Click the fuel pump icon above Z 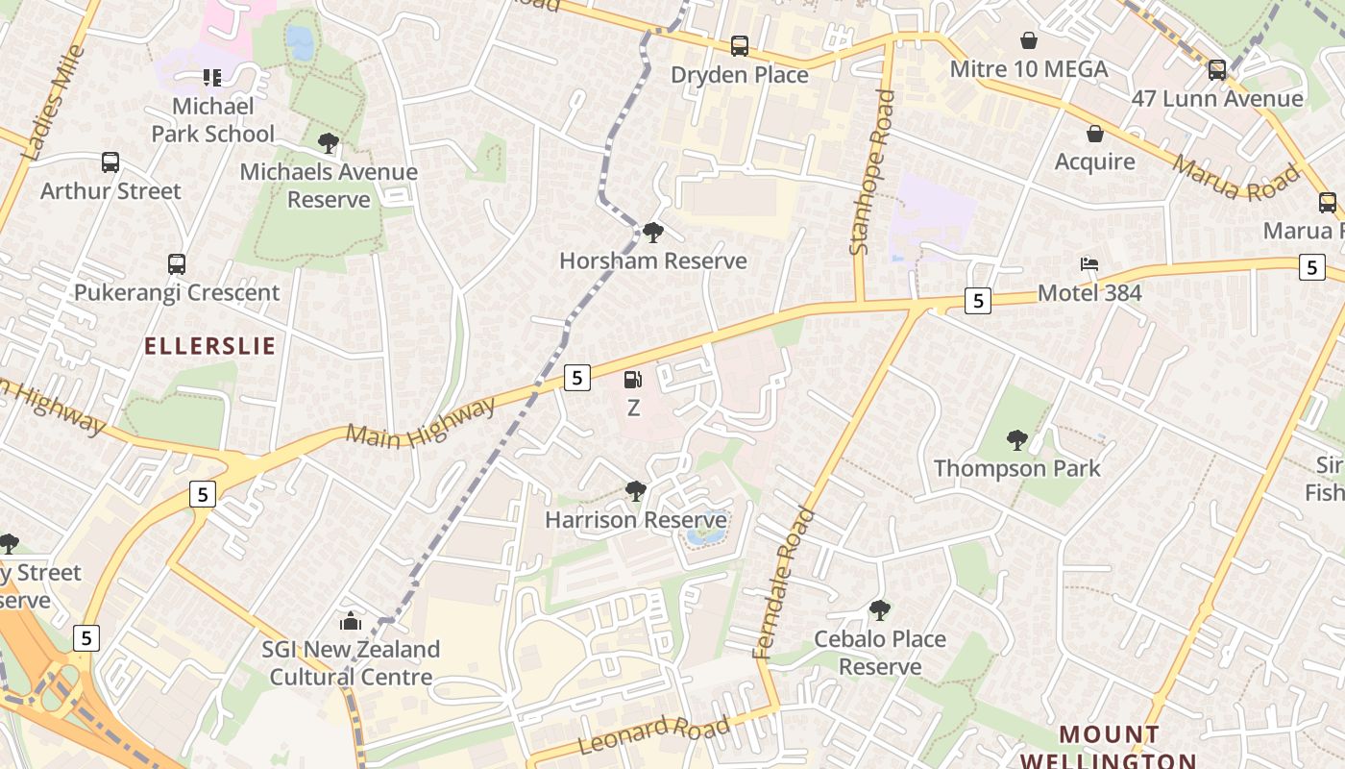pos(633,380)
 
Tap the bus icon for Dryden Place pos(740,45)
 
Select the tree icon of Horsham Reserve pos(653,232)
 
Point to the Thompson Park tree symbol pos(1017,440)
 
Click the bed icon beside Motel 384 pos(1089,264)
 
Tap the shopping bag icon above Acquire pos(1095,133)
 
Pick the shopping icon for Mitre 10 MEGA pos(1029,40)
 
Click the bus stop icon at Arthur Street pos(110,162)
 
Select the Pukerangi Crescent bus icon pos(177,263)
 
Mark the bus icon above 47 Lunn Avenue pos(1217,69)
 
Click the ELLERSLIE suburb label pos(210,346)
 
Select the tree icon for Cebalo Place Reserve pos(880,610)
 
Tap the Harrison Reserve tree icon pos(635,491)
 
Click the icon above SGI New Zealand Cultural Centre pos(351,620)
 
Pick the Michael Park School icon pos(211,77)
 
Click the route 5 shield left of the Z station pos(576,378)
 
